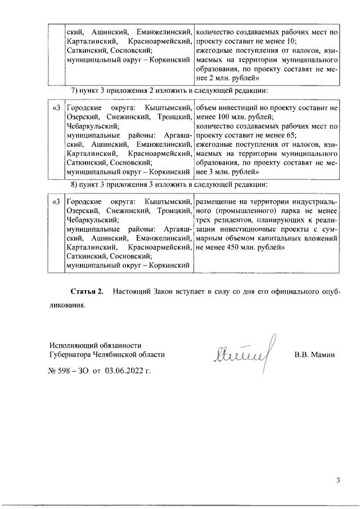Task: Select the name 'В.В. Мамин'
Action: click(314, 355)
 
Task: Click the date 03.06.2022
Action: click(125, 371)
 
